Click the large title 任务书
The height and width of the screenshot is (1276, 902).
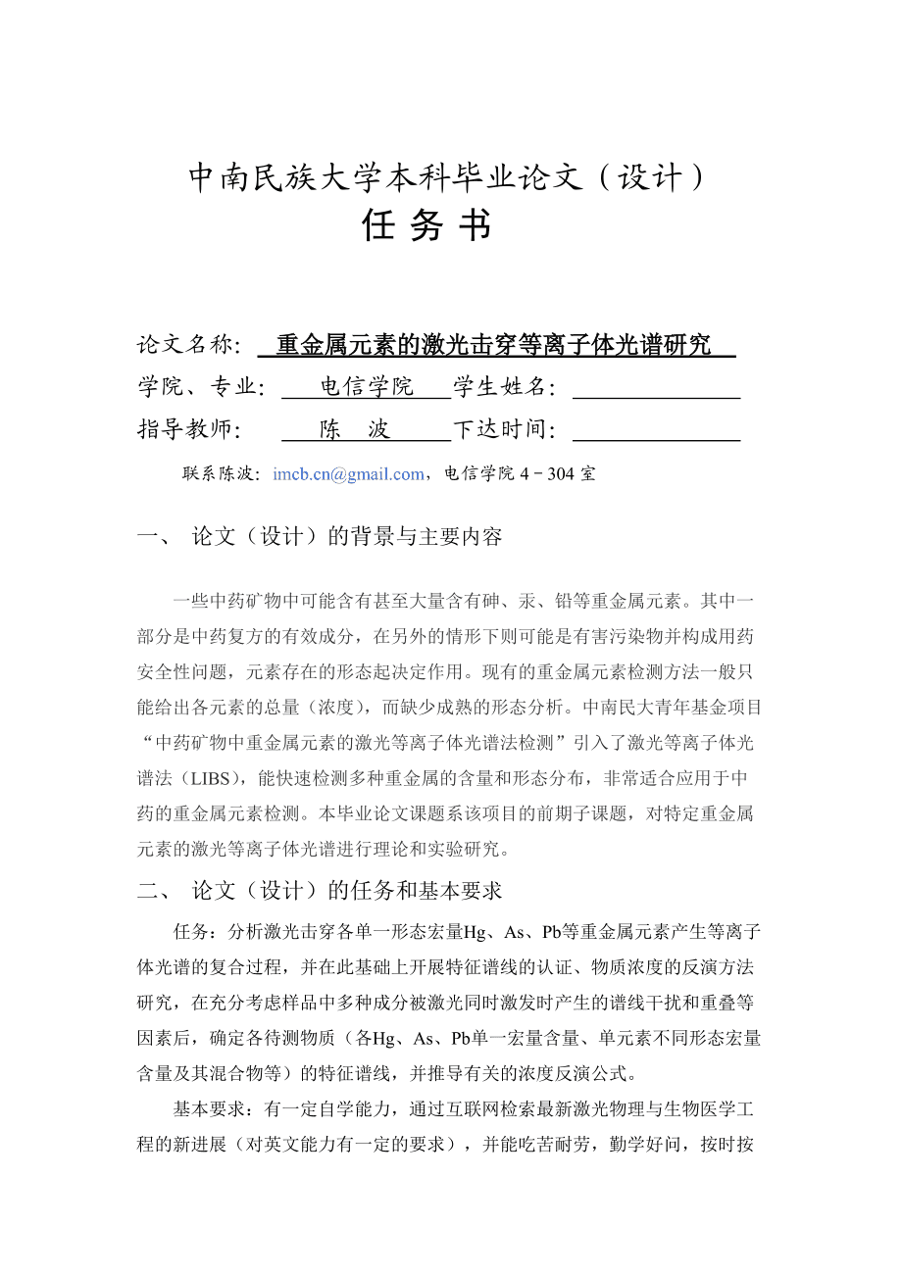[x=426, y=226]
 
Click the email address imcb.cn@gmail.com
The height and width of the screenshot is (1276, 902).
[x=348, y=474]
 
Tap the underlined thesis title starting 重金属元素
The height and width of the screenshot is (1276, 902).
[x=494, y=345]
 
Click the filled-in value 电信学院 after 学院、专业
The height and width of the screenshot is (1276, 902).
[x=368, y=387]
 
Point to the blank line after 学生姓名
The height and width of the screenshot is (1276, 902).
[x=655, y=388]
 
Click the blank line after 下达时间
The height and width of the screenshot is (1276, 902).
[x=655, y=430]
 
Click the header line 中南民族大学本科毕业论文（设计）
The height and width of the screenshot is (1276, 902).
[x=446, y=178]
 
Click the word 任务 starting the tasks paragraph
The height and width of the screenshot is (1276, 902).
[x=191, y=931]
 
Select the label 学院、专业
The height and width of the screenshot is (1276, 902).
[x=201, y=388]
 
